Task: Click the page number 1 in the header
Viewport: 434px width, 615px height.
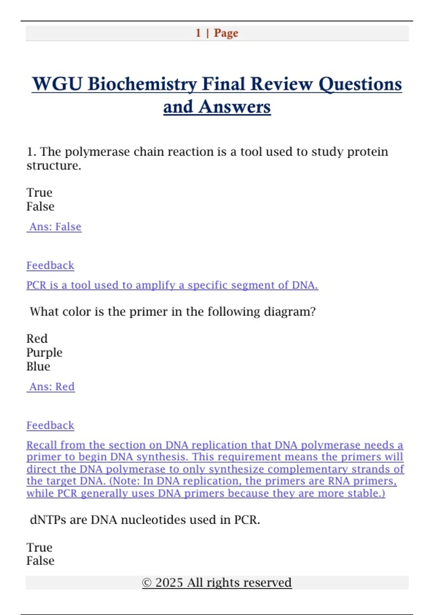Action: (198, 33)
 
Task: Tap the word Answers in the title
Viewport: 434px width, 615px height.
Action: (234, 107)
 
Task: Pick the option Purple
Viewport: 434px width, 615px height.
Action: (44, 352)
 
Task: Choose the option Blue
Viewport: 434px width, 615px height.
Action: (38, 366)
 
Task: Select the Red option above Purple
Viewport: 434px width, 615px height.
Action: (37, 339)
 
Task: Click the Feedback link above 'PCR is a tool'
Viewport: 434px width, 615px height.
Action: (50, 266)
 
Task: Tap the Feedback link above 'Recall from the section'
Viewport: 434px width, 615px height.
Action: (50, 425)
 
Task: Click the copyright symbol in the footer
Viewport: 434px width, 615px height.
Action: (146, 583)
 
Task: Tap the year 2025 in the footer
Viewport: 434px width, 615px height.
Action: (169, 583)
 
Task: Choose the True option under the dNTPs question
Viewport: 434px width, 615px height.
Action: (39, 547)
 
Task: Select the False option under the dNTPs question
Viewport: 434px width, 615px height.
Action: (40, 561)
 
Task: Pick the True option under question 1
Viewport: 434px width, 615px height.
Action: (39, 192)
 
